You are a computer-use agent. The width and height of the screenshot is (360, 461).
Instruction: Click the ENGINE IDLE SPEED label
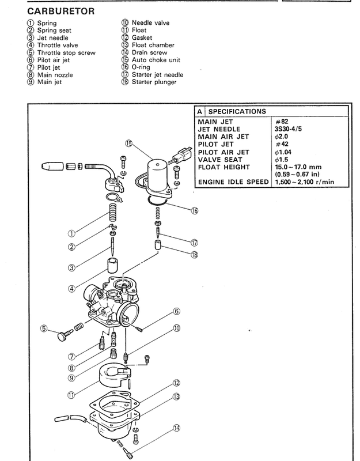[233, 182]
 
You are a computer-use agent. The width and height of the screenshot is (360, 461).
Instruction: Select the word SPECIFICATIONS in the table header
[237, 111]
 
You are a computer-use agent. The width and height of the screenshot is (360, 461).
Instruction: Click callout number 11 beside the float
[72, 395]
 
